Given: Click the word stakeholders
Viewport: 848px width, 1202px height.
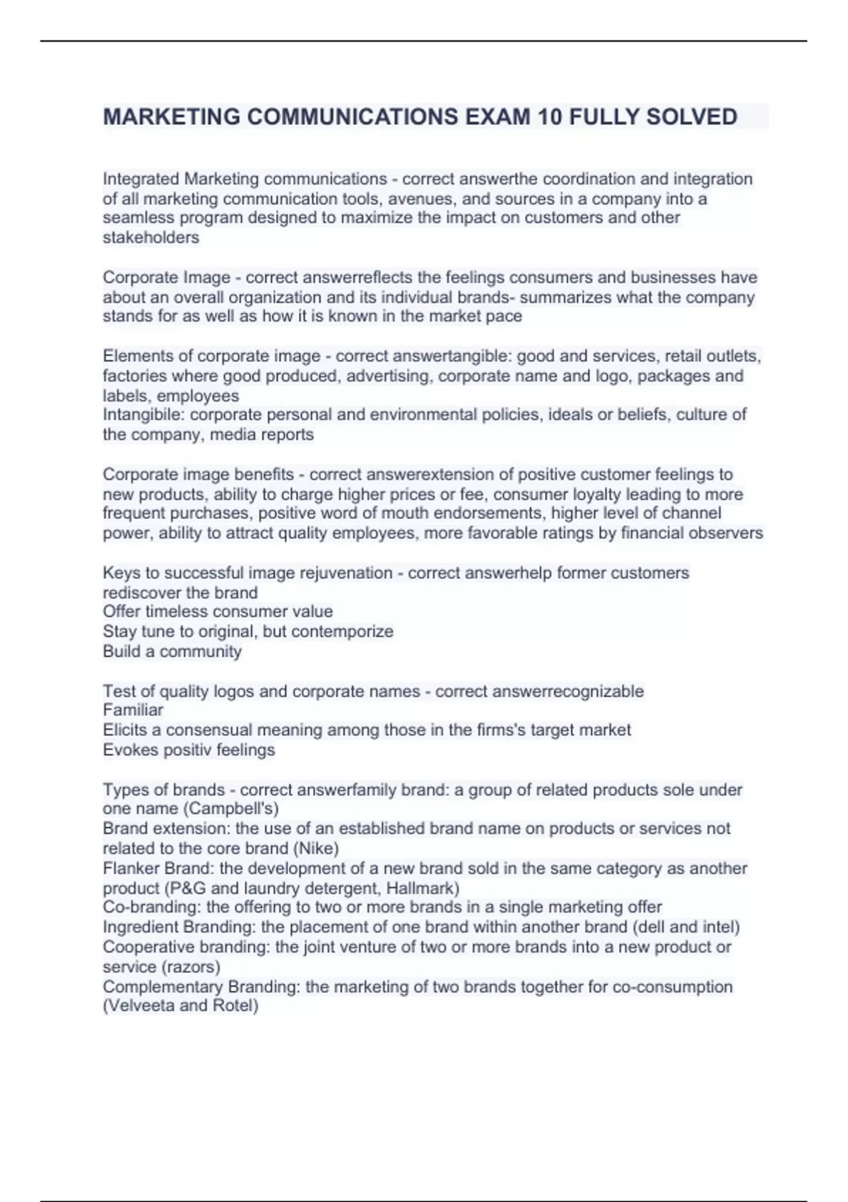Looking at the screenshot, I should pos(151,238).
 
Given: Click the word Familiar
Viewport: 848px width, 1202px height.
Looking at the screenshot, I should pos(133,710).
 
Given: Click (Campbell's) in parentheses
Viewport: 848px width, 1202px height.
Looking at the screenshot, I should pos(232,809).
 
